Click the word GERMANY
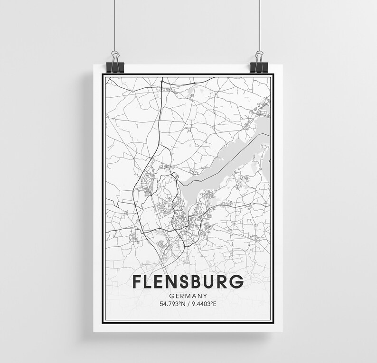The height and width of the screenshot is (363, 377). [188, 295]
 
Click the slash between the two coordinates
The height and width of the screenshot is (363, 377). [188, 303]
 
